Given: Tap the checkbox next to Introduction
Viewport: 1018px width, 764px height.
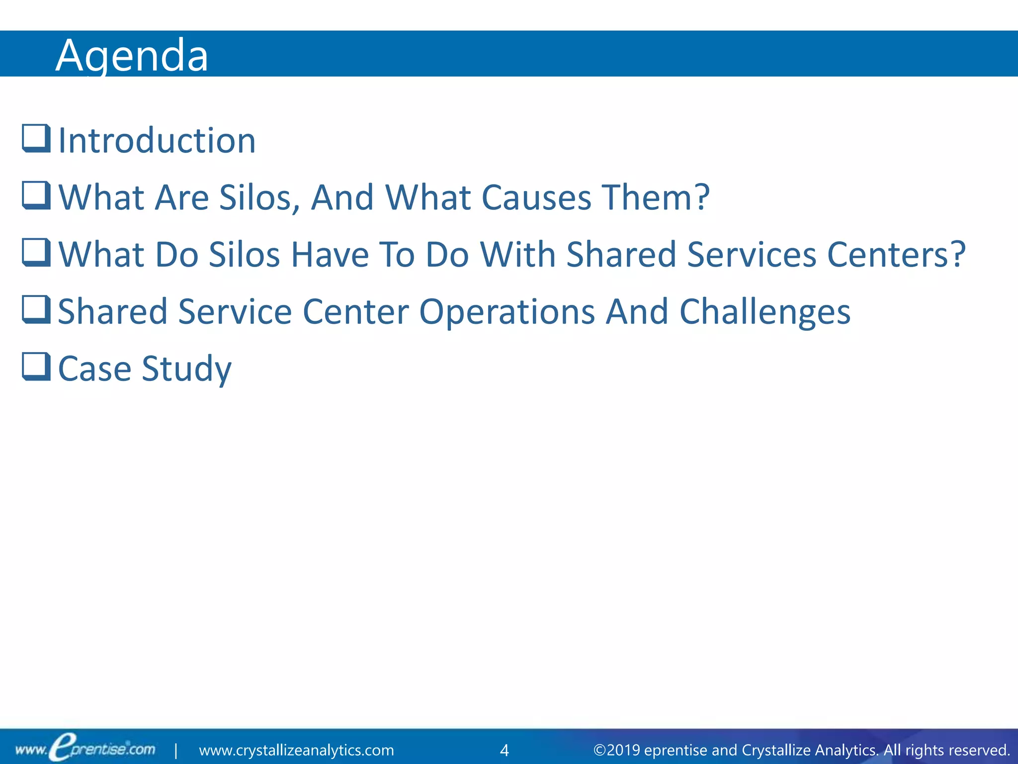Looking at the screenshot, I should tap(36, 138).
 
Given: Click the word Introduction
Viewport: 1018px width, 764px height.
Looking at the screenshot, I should tap(157, 141).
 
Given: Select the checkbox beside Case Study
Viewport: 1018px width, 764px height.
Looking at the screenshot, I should tap(36, 367).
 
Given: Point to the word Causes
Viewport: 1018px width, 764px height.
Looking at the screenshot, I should tap(536, 198).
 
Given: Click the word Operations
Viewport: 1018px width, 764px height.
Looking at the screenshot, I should tap(507, 312).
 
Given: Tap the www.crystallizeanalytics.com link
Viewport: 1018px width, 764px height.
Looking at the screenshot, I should tap(296, 750).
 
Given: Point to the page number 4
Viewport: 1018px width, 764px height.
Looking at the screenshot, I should tap(504, 750).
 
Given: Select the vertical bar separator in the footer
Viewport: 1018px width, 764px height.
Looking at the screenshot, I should tap(176, 750).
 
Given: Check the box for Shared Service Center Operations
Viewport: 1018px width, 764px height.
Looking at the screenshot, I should tap(36, 309).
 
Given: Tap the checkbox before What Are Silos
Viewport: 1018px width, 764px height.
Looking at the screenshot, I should tap(36, 195).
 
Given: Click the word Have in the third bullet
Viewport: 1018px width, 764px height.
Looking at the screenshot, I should tap(329, 255).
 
